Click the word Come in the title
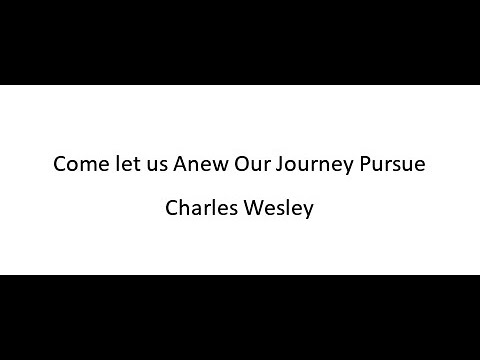click(77, 165)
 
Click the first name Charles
click(202, 211)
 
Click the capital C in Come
click(59, 165)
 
